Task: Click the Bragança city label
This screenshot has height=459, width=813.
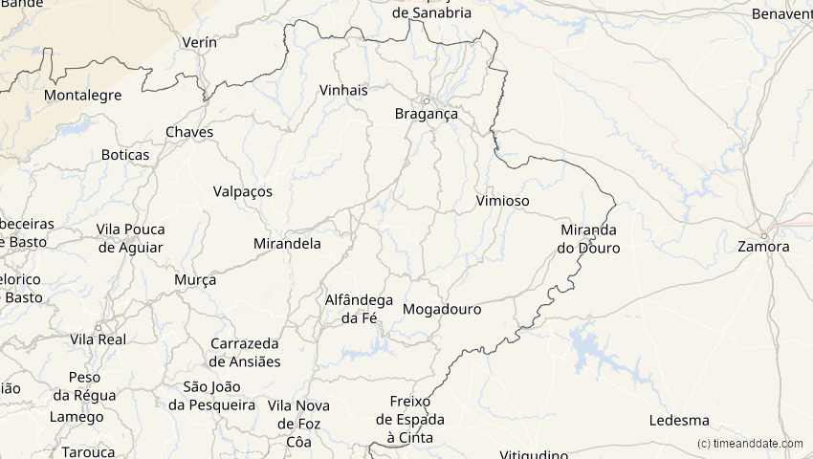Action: coord(427,114)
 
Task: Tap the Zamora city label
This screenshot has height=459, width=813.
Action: coord(763,247)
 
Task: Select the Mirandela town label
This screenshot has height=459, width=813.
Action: coord(287,244)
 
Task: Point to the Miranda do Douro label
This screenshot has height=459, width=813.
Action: coord(588,239)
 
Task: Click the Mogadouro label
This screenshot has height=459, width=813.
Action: coord(442,310)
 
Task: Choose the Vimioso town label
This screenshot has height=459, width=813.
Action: coord(502,201)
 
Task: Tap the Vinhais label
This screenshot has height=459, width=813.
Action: coord(343,90)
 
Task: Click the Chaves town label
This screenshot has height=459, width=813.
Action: coord(189,132)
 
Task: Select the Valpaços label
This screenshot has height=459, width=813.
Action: coord(242,191)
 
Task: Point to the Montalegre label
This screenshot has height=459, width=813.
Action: coord(83,96)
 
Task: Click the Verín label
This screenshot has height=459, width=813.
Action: coord(199,43)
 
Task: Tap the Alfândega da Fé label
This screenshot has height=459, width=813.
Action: coord(359,309)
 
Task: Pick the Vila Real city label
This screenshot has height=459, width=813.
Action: coord(99,339)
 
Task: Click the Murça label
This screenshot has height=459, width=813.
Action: coord(195,280)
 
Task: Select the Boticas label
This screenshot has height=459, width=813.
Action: coord(125,155)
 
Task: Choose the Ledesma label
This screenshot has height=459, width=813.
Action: coord(679,421)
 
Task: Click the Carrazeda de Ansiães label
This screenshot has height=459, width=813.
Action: coord(245,352)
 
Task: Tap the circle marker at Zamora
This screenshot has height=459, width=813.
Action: coord(763,235)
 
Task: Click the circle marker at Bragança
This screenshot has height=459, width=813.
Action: coord(427,100)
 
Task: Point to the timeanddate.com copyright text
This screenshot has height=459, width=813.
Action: coord(751,444)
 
